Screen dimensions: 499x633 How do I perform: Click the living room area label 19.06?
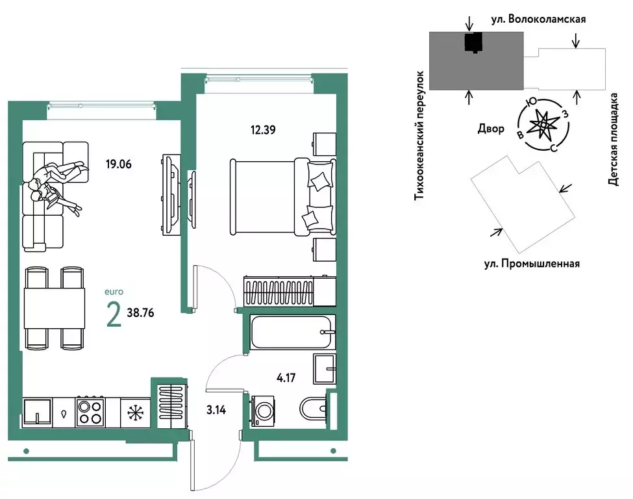pyautogui.click(x=118, y=164)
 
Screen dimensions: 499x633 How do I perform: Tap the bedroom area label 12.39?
pyautogui.click(x=264, y=129)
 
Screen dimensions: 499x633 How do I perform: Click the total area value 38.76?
pyautogui.click(x=141, y=312)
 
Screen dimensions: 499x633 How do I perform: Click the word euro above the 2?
pyautogui.click(x=113, y=292)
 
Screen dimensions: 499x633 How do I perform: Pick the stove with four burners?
pyautogui.click(x=90, y=412)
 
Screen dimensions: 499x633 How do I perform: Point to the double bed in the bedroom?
pyautogui.click(x=281, y=196)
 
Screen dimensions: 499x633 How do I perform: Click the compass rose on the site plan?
pyautogui.click(x=541, y=124)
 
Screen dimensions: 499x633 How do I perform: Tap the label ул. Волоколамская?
pyautogui.click(x=538, y=19)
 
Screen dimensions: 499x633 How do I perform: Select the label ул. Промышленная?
pyautogui.click(x=532, y=264)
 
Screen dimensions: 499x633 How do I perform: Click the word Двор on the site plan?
pyautogui.click(x=491, y=129)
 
